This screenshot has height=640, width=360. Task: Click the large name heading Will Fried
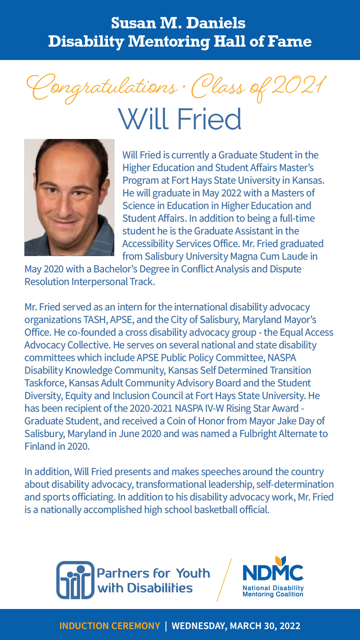click(180, 119)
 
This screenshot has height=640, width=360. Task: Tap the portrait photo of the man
click(69, 197)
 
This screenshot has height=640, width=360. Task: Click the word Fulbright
click(258, 434)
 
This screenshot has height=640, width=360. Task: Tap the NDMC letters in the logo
click(273, 573)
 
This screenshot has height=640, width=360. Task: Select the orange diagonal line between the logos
click(224, 580)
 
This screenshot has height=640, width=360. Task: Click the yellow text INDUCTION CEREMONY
click(110, 626)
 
